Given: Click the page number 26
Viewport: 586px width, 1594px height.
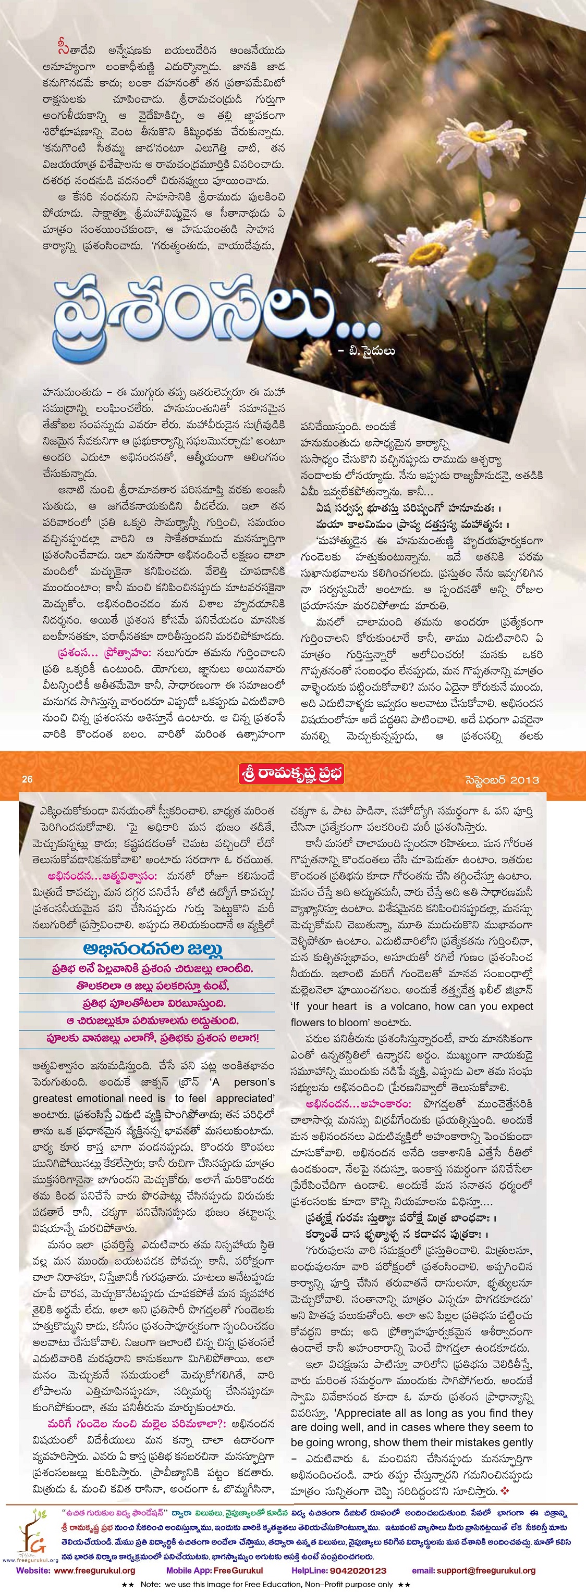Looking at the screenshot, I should click(27, 780).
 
